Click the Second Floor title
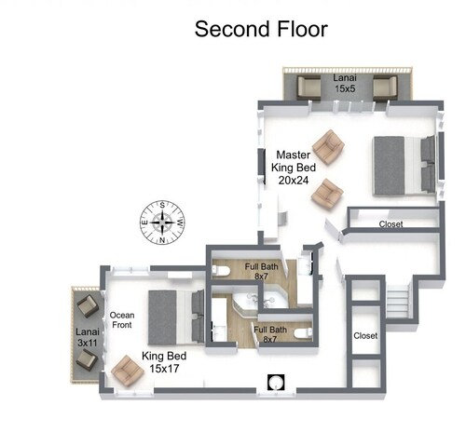coord(261,29)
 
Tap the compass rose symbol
coord(162,223)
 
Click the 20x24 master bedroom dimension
coord(294,180)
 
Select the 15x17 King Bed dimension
coord(164,369)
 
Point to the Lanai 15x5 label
coord(345,83)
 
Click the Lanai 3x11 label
coord(88,337)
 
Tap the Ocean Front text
coord(122,320)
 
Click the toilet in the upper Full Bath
coord(221,271)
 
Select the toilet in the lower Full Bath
coord(303,333)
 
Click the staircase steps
coord(398,301)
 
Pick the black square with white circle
coord(276,382)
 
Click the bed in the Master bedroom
coord(404,166)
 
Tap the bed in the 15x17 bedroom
coord(176,317)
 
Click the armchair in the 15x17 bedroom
coord(128,371)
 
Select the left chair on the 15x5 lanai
coord(308,88)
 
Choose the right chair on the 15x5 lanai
coord(385,88)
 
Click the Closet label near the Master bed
coord(391,223)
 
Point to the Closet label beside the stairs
coord(365,335)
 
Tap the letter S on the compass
coord(162,205)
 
